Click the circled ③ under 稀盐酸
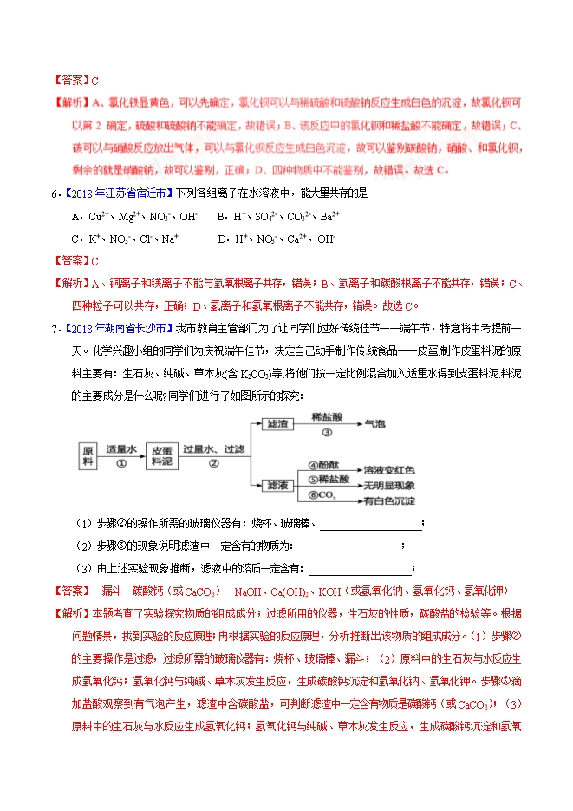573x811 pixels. click(327, 432)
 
